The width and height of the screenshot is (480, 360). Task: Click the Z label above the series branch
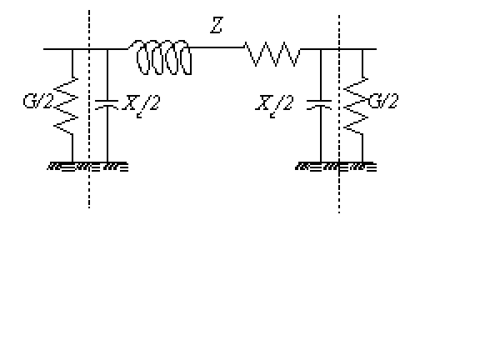click(217, 25)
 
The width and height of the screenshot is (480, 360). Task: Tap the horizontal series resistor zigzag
click(272, 54)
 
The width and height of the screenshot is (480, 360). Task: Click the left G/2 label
click(38, 101)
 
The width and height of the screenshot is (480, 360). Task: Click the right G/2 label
click(383, 101)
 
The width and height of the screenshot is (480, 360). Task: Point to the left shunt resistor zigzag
click(66, 106)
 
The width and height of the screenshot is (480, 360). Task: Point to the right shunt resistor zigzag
click(356, 106)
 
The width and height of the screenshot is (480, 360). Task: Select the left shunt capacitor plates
click(107, 104)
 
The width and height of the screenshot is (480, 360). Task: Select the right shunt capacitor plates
click(319, 104)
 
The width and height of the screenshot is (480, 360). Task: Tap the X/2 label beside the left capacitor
click(141, 106)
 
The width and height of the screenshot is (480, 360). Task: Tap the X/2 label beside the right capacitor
click(274, 106)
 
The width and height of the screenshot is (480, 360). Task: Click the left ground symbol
click(87, 167)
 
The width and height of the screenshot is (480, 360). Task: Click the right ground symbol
click(336, 167)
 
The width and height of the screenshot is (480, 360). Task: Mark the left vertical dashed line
click(89, 109)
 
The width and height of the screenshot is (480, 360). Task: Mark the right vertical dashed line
click(339, 114)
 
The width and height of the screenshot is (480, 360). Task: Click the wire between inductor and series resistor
click(217, 47)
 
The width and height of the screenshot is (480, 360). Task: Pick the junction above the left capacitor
click(107, 49)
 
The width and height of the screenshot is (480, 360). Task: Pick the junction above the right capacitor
click(321, 49)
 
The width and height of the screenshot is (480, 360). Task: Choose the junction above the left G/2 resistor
click(72, 49)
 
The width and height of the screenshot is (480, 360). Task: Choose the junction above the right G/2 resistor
click(362, 49)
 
